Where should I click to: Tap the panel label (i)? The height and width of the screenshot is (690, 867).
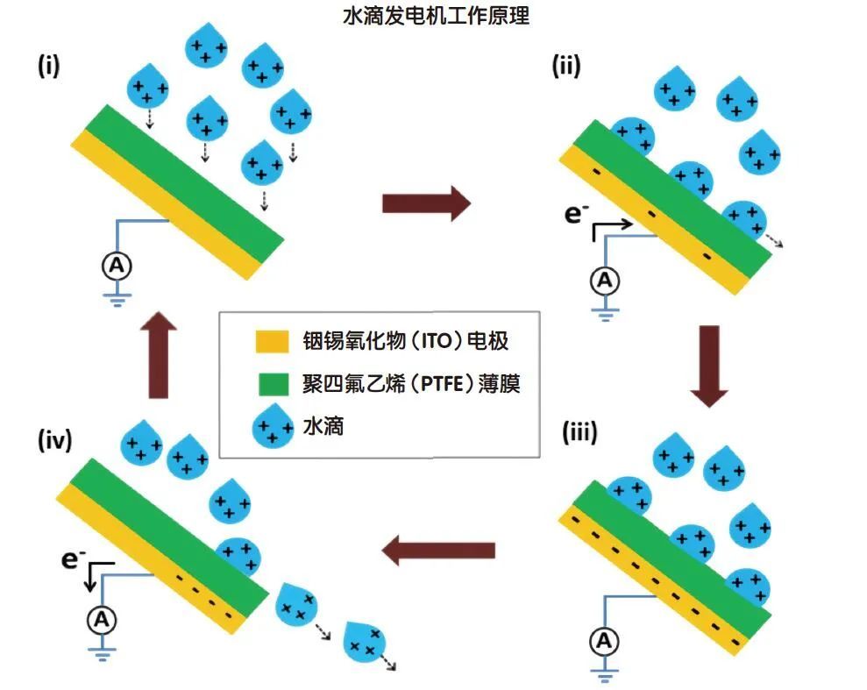(x=47, y=67)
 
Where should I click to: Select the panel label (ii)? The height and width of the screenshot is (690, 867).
(x=566, y=67)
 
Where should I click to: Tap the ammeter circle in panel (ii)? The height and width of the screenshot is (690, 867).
(x=603, y=281)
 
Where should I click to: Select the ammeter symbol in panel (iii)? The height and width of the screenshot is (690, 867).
(x=603, y=642)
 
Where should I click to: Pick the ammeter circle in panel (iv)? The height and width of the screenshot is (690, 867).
(x=102, y=620)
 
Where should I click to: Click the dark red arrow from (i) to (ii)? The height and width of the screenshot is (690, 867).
(x=427, y=203)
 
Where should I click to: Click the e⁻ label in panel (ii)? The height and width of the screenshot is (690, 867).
(x=577, y=213)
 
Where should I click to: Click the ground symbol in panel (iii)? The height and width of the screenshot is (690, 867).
(x=603, y=674)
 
